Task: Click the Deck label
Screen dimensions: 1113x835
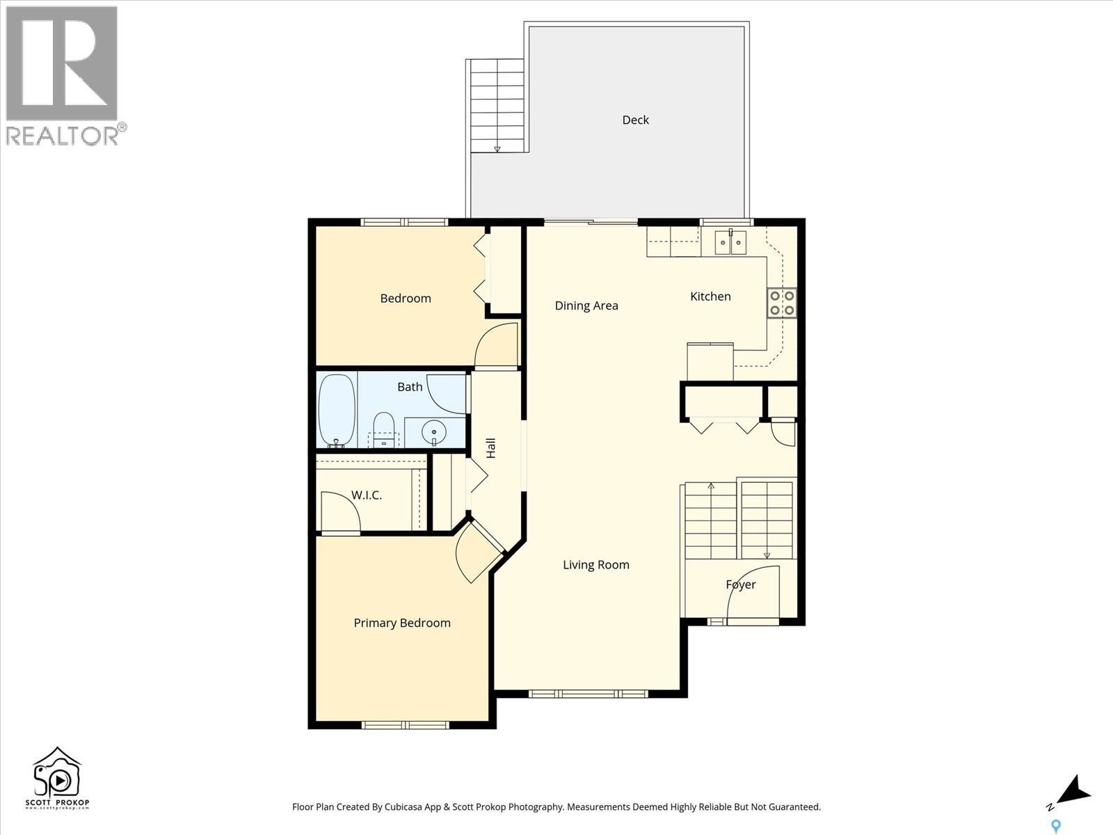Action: click(635, 120)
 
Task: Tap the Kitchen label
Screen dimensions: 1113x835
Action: click(710, 296)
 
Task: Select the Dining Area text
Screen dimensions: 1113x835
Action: click(586, 305)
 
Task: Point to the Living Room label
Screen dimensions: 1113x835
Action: click(595, 565)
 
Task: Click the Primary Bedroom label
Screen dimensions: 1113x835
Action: click(402, 623)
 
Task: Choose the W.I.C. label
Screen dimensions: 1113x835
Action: click(366, 495)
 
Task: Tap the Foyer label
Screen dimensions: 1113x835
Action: click(741, 584)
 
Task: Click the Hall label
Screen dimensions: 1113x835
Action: click(491, 448)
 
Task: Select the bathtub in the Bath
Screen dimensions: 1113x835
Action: click(337, 411)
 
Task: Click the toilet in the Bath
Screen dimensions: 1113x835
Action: click(384, 430)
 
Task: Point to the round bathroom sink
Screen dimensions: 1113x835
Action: click(433, 432)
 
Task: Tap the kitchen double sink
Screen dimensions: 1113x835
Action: click(730, 243)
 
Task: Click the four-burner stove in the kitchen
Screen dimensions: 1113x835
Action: click(782, 303)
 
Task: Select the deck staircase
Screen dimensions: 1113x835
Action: click(497, 106)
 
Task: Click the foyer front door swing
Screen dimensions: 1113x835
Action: click(753, 592)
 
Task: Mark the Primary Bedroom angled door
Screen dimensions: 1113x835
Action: click(479, 552)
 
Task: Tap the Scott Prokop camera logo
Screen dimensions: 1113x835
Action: click(57, 778)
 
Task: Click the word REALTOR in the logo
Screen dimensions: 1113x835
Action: click(62, 136)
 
